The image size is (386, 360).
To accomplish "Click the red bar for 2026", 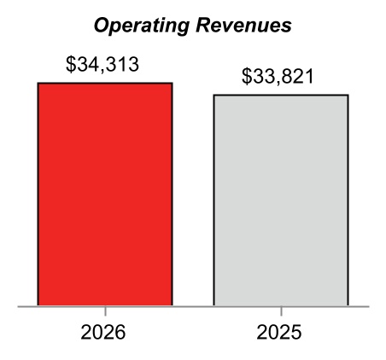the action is click(105, 195).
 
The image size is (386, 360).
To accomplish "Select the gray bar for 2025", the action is click(281, 200).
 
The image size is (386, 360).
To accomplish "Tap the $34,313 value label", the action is click(102, 64).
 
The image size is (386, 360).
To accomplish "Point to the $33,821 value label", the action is click(278, 76).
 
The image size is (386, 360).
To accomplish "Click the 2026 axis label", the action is click(103, 332).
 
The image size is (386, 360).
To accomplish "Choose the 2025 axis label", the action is click(279, 332).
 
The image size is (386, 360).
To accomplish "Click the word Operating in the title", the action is click(142, 26).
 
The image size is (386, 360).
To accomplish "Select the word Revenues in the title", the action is click(243, 25).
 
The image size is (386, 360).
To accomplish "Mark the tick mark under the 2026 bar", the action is click(105, 311).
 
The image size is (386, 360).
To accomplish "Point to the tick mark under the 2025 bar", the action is click(281, 311).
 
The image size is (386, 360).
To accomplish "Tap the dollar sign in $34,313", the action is click(70, 65).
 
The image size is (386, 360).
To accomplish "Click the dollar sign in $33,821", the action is click(246, 77).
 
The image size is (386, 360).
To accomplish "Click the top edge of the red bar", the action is click(105, 83).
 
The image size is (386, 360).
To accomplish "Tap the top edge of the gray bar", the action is click(281, 95).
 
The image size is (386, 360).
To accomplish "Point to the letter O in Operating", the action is click(102, 26).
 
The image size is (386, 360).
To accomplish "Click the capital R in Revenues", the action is click(203, 25).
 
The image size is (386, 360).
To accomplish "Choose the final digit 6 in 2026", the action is click(120, 332).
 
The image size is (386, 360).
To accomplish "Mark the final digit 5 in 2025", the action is click(295, 332).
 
